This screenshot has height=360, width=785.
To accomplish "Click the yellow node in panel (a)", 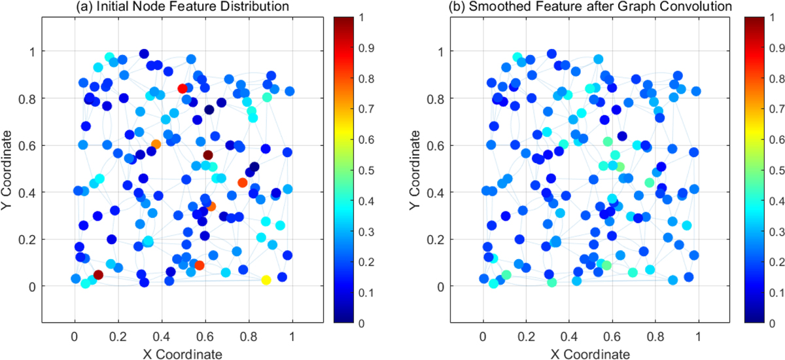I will pyautogui.click(x=266, y=280).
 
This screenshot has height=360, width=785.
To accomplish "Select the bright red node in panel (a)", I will pyautogui.click(x=183, y=88).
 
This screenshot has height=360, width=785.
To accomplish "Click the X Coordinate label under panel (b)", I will pyautogui.click(x=591, y=354).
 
